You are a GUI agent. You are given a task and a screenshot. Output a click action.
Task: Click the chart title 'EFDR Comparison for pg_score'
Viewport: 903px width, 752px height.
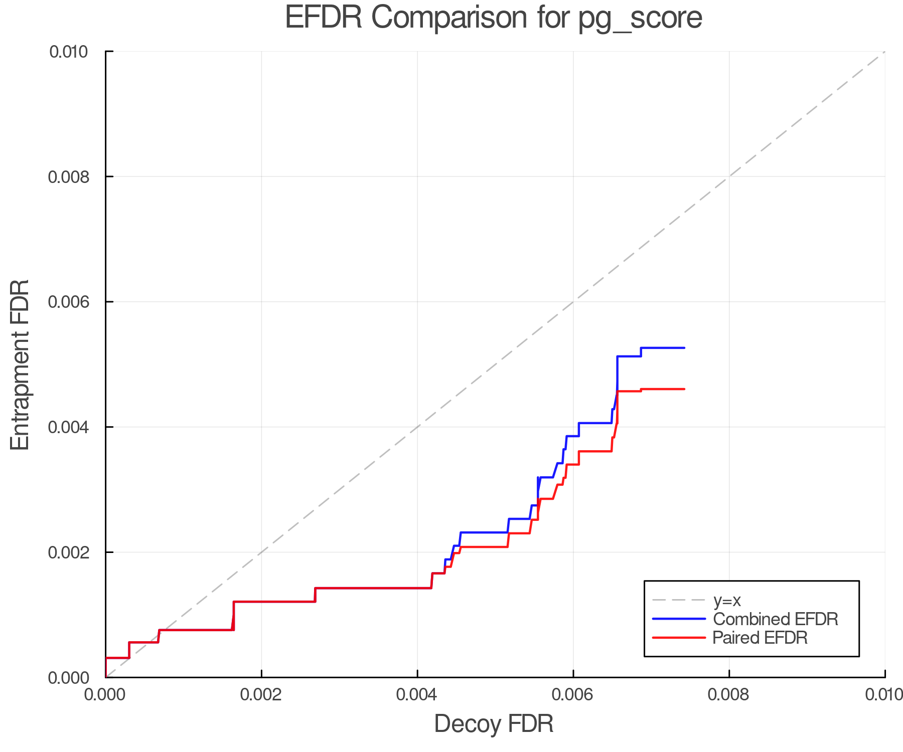[494, 18]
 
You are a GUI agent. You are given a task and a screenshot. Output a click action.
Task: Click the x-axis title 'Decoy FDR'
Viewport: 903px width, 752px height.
[494, 723]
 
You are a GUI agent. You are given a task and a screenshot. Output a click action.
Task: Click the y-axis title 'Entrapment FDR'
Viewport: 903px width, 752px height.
[21, 364]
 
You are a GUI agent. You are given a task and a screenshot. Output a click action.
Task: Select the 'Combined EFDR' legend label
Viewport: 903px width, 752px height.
[775, 619]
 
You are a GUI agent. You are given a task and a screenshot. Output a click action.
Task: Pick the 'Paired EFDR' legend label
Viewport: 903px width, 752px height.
[760, 638]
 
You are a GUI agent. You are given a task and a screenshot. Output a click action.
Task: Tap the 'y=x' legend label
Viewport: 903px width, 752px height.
[727, 600]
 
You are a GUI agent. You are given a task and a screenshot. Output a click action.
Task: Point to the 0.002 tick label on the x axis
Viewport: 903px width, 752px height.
[261, 694]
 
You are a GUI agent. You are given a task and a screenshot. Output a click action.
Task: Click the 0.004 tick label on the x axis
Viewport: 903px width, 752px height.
[417, 694]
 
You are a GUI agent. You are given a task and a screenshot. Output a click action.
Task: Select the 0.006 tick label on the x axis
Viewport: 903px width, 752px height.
[573, 694]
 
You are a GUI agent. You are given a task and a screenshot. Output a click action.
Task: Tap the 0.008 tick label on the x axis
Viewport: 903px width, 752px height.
[729, 694]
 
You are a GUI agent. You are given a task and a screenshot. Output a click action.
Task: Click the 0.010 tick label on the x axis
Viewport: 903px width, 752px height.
[884, 694]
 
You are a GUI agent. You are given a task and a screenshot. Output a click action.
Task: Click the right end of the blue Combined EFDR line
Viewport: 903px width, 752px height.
[684, 348]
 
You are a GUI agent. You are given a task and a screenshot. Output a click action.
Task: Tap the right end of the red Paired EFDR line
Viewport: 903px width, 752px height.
[684, 389]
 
